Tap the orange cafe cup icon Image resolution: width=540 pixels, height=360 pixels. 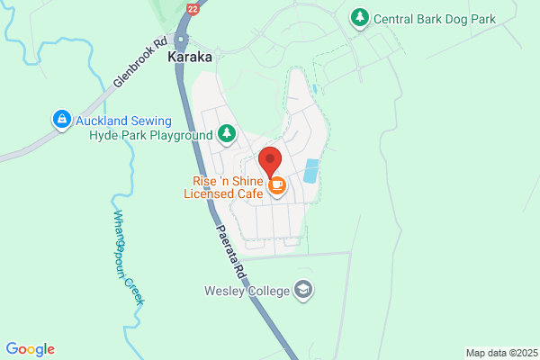click(x=277, y=185)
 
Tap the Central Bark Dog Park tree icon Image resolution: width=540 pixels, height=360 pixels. click(x=360, y=17)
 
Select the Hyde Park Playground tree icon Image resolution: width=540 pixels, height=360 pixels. click(x=227, y=135)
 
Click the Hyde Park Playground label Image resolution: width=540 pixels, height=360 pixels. click(x=151, y=135)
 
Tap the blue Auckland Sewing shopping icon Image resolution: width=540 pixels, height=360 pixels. click(x=61, y=118)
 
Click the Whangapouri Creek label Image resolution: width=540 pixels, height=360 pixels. click(x=129, y=257)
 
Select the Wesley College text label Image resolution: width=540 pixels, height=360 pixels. click(x=245, y=290)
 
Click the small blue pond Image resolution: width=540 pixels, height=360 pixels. click(x=311, y=170)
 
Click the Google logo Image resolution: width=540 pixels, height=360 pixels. click(x=30, y=349)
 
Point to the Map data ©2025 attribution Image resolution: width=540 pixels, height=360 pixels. click(x=500, y=353)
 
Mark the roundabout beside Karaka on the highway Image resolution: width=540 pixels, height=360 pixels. click(x=183, y=40)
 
